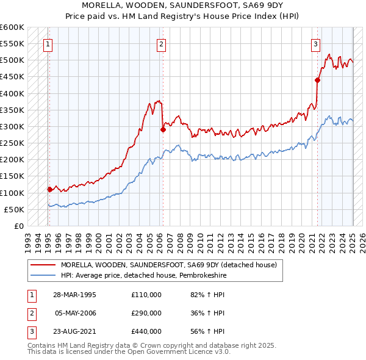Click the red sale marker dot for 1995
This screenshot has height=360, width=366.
49,189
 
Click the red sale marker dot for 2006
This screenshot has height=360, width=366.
163,129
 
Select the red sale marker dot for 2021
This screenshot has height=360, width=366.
317,80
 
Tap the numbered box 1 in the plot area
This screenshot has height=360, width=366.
48,44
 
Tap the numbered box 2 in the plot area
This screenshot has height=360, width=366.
161,44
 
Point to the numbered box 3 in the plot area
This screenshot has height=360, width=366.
315,44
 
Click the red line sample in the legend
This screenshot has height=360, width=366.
43,265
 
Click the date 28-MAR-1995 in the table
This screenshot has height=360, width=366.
74,295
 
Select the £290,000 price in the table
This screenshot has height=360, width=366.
146,313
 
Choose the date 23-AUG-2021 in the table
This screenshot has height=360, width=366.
74,331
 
